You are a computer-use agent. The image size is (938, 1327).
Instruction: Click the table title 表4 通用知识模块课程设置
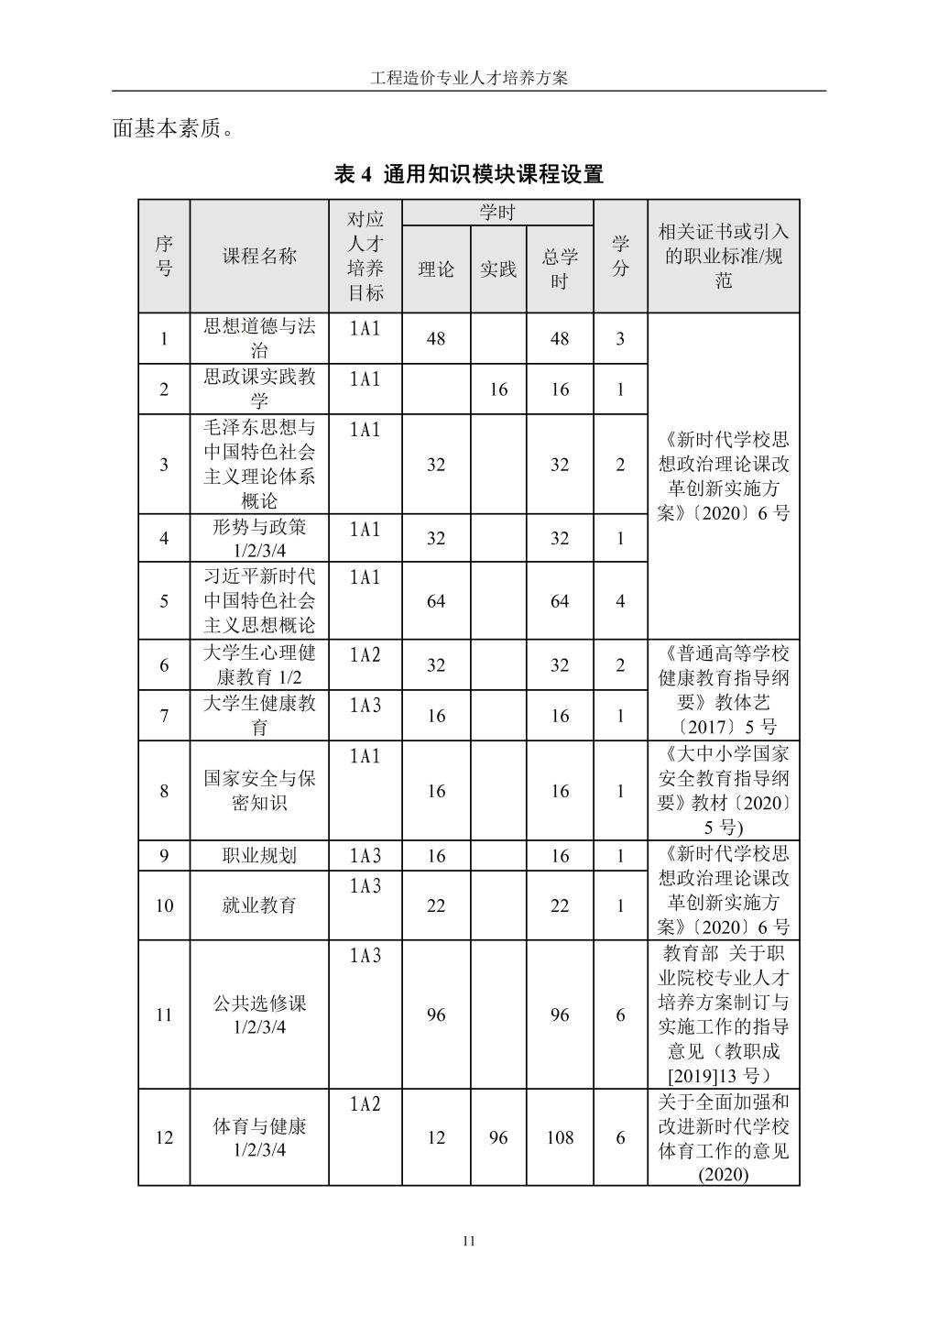point(468,174)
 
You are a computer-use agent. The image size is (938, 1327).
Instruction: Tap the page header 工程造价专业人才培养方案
point(469,78)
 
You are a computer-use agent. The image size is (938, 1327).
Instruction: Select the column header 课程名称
point(259,257)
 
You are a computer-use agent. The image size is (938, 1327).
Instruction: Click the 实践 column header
point(498,269)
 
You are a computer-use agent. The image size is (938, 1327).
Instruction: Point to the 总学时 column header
point(560,269)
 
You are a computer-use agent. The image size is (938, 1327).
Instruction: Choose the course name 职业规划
point(259,856)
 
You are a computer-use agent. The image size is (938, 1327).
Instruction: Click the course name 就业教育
point(259,905)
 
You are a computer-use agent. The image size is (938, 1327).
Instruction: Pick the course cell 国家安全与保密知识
point(259,791)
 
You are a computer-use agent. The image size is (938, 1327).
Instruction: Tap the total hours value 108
point(560,1137)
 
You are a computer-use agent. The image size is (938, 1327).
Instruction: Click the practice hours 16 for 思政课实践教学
point(498,389)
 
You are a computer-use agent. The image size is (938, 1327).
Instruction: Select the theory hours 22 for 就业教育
point(436,905)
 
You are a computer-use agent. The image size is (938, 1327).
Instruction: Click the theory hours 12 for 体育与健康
point(436,1137)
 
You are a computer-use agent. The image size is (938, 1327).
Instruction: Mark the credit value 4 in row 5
point(620,601)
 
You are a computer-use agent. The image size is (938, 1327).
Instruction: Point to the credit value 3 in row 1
point(620,339)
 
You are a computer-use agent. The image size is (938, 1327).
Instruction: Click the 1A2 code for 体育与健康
point(365,1104)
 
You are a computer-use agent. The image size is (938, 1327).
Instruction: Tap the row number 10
point(164,905)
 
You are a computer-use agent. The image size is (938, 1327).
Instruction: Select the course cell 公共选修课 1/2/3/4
point(259,1014)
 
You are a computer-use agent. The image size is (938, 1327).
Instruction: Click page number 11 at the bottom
point(469,1241)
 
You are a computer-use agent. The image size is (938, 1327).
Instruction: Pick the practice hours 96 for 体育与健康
point(498,1137)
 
